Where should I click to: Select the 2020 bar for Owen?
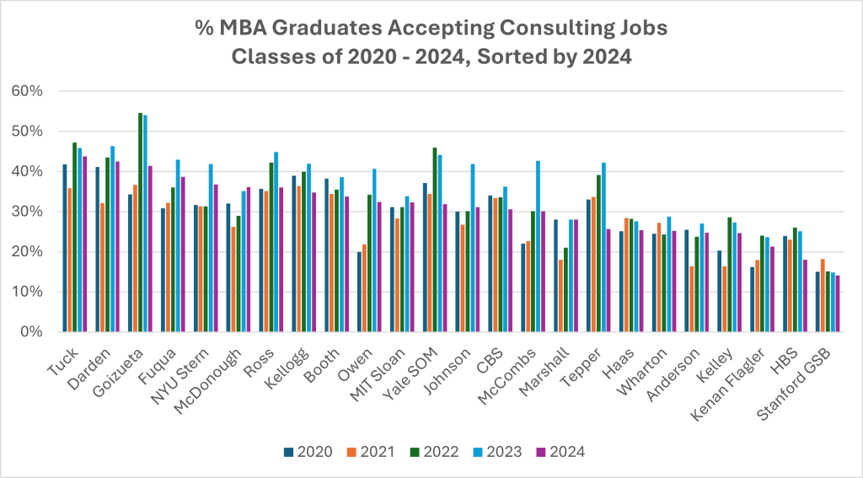tap(358, 292)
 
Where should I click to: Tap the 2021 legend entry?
tap(382, 451)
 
